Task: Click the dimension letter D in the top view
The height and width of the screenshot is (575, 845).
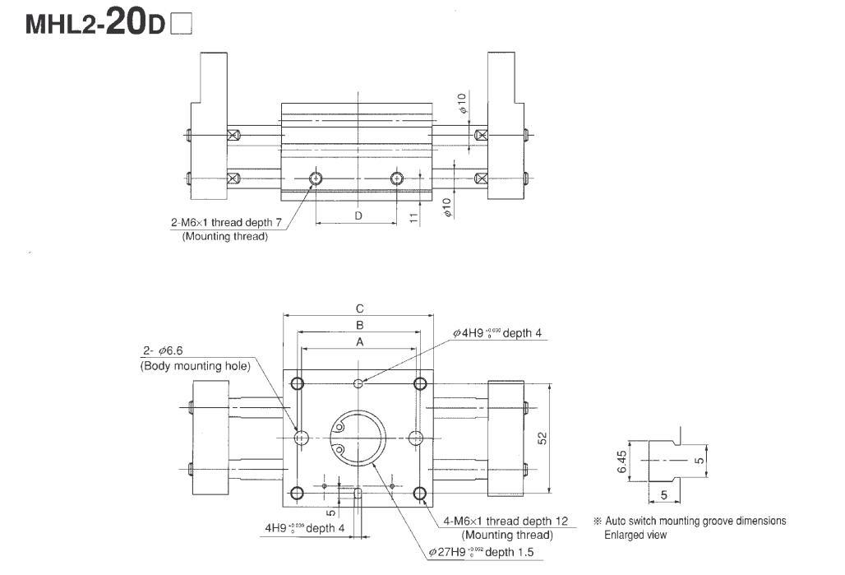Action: pos(358,216)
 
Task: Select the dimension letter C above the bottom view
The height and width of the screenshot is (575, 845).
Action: pos(359,308)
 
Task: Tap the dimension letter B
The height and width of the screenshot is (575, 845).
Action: pos(359,325)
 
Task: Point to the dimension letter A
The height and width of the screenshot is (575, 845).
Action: pos(359,341)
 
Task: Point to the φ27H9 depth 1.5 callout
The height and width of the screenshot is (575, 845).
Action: pos(480,551)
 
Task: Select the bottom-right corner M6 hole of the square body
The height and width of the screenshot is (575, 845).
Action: pos(420,494)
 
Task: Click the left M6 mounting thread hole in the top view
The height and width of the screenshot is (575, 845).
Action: pos(316,179)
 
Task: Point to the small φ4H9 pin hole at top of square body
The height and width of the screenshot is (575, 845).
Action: pos(358,383)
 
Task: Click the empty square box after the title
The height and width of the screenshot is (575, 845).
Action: pos(180,26)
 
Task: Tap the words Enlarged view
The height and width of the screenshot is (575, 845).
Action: pos(635,535)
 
